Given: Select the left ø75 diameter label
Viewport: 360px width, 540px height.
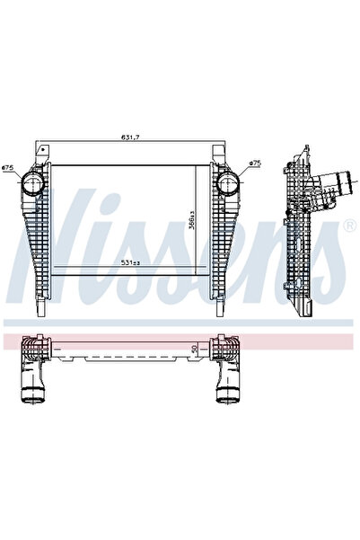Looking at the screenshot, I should point(7,168).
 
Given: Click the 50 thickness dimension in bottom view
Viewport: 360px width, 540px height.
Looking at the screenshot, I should point(196,349).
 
